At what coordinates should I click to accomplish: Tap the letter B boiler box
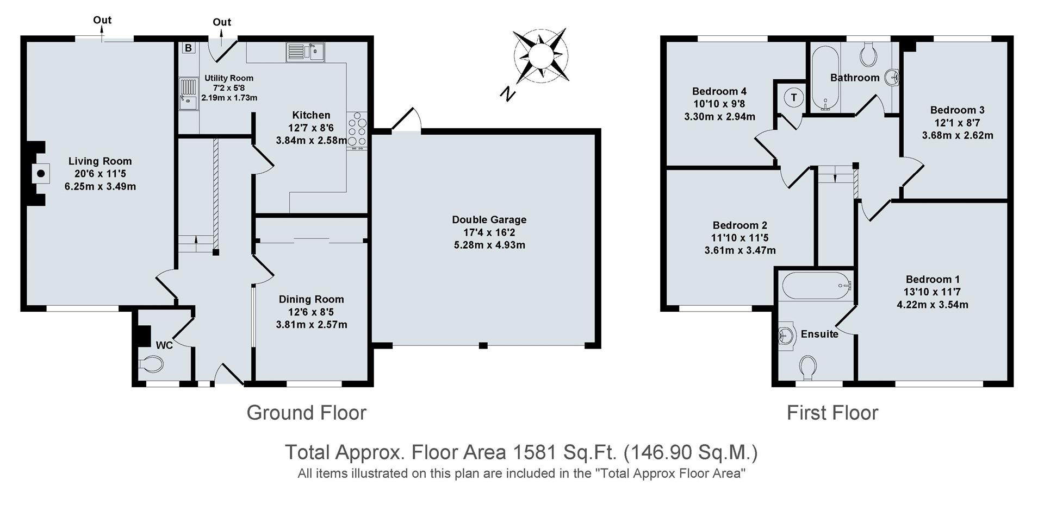pyautogui.click(x=188, y=48)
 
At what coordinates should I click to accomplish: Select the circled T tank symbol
pyautogui.click(x=794, y=97)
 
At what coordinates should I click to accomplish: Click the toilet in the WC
pyautogui.click(x=151, y=364)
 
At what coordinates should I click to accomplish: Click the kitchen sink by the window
pyautogui.click(x=305, y=52)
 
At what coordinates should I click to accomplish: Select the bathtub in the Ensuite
pyautogui.click(x=816, y=285)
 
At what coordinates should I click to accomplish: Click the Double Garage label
pyautogui.click(x=489, y=220)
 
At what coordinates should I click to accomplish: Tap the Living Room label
pyautogui.click(x=100, y=161)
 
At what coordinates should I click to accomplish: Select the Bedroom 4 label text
pyautogui.click(x=719, y=91)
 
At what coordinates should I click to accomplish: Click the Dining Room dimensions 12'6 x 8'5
pyautogui.click(x=312, y=312)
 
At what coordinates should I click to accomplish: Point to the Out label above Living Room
pyautogui.click(x=102, y=20)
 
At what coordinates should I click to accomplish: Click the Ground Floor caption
pyautogui.click(x=307, y=413)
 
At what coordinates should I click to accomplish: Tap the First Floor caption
pyautogui.click(x=832, y=413)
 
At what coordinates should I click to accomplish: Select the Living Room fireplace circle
pyautogui.click(x=40, y=174)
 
